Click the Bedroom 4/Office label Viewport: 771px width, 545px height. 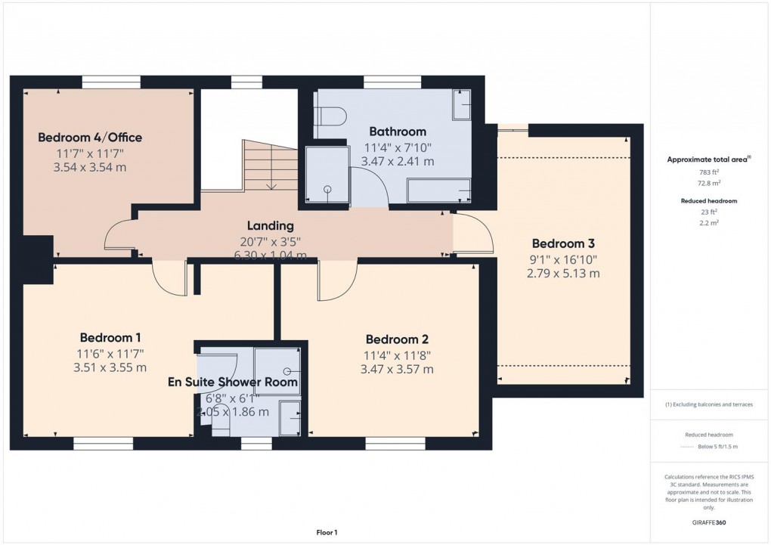click(90, 138)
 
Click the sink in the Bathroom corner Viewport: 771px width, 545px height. click(461, 105)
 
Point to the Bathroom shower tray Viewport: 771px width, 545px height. click(327, 175)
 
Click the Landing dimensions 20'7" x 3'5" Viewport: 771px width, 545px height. click(270, 241)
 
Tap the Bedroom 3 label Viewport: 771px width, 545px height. click(563, 243)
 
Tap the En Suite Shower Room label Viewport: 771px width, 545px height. click(232, 382)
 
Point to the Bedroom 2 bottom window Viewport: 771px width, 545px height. click(395, 444)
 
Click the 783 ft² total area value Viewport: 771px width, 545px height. click(708, 172)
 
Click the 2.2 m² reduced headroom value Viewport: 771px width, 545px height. click(708, 224)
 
